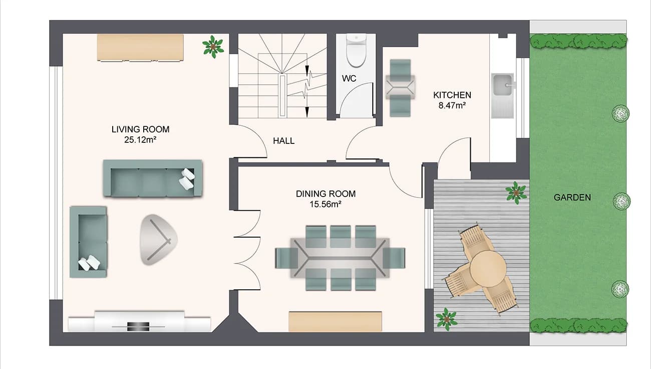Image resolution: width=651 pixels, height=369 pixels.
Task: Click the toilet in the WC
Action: [357, 51]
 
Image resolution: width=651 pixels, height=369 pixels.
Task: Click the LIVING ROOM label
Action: [140, 129]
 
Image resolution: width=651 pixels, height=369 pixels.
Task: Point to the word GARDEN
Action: [572, 198]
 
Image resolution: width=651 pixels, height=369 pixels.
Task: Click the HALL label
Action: [283, 141]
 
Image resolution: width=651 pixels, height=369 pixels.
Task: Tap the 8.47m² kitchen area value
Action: [452, 105]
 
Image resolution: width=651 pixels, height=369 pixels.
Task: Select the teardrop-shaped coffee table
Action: [157, 239]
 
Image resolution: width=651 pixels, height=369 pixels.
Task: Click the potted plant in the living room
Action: [213, 46]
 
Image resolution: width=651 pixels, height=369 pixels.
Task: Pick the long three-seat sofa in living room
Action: [152, 178]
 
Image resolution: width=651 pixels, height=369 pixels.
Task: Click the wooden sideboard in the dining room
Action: [335, 321]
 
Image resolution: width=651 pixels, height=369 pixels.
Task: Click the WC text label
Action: [349, 79]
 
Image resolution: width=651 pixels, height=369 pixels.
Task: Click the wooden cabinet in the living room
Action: [140, 47]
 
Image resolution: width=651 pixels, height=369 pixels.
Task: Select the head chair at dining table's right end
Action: [394, 258]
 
